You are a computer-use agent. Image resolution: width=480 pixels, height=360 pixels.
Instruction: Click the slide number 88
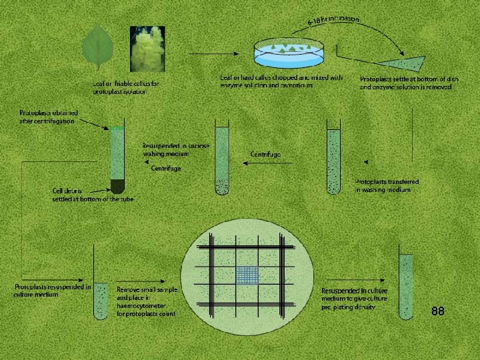[437, 311]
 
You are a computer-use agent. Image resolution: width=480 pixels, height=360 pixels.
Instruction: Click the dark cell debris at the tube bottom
[117, 185]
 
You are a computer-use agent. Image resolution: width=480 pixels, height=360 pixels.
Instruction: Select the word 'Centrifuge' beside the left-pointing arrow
[265, 154]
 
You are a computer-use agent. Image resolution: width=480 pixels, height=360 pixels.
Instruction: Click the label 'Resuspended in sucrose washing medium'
[175, 149]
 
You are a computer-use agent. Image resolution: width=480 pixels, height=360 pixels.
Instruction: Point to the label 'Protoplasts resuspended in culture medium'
[53, 290]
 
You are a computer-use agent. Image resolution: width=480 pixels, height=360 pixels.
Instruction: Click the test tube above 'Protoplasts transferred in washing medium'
[334, 160]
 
